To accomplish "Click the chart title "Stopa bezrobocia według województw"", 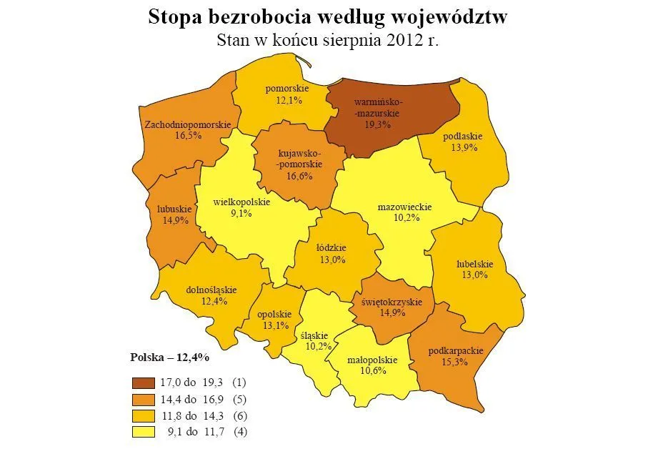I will point(327,17).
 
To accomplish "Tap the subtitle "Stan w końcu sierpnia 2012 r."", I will point(327,40).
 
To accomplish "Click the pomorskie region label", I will point(286,89).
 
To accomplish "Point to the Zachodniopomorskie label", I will point(187,124).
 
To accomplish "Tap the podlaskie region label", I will point(463,137).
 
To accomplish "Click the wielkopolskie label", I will point(241,202).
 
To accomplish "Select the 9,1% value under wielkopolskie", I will point(241,213).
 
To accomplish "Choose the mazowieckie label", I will point(404,207).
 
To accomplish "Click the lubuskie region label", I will point(174,209).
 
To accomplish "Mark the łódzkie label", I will point(331,250).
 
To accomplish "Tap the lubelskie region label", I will point(475,263).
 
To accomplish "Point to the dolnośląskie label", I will point(211,290).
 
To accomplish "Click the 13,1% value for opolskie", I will point(275,325).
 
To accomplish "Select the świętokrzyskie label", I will point(392,302).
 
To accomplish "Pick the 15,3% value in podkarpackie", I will point(456,362).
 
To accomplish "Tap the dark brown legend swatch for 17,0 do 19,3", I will point(143,383).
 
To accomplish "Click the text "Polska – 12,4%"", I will point(169,357).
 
